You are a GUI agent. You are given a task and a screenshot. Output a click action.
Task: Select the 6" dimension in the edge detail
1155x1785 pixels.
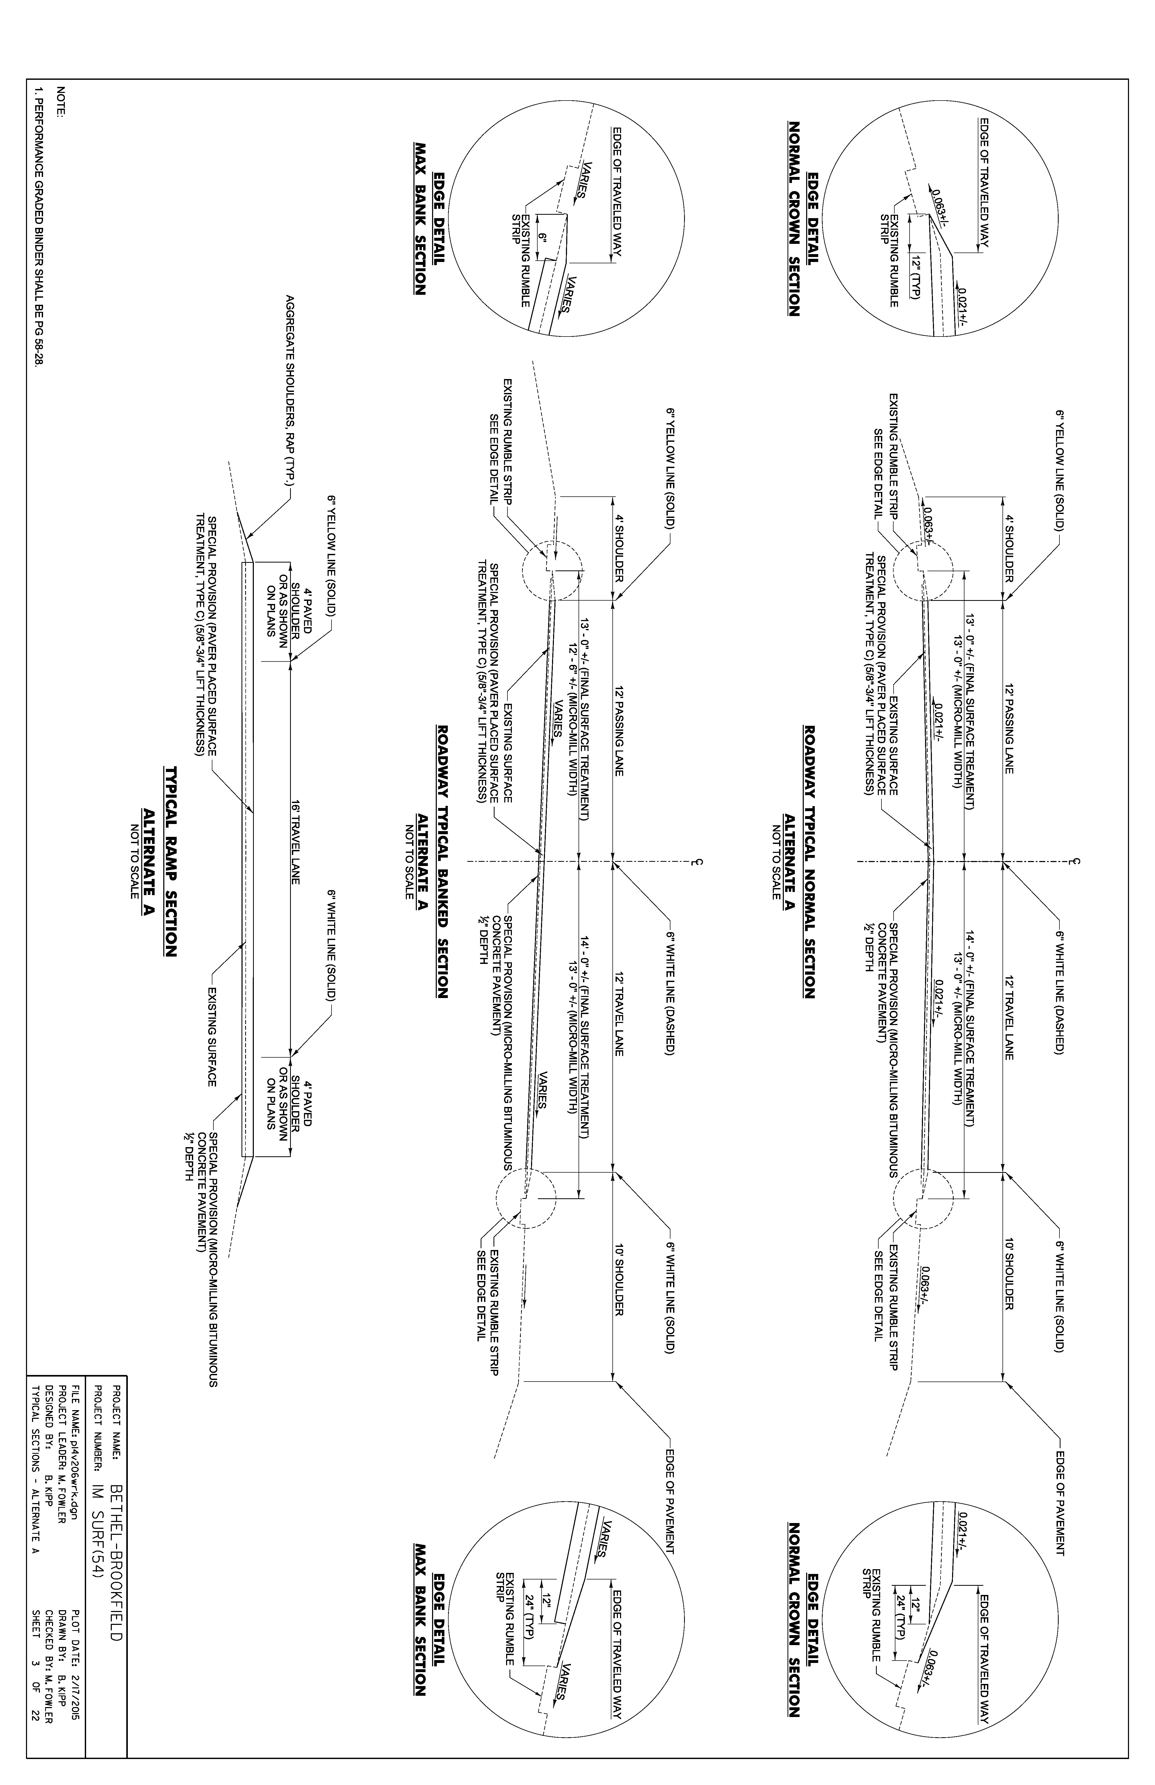(x=539, y=239)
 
